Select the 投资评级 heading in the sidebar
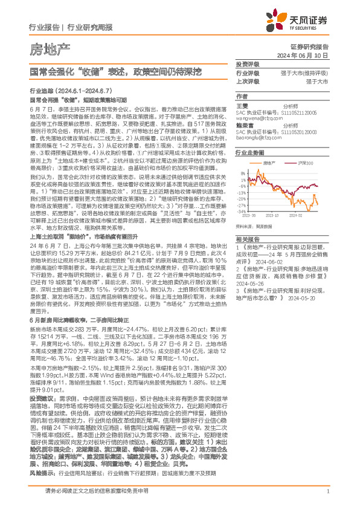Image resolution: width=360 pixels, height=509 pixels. (247, 64)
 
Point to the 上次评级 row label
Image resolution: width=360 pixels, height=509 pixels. (247, 80)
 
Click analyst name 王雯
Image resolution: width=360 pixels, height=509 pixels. (242, 105)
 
